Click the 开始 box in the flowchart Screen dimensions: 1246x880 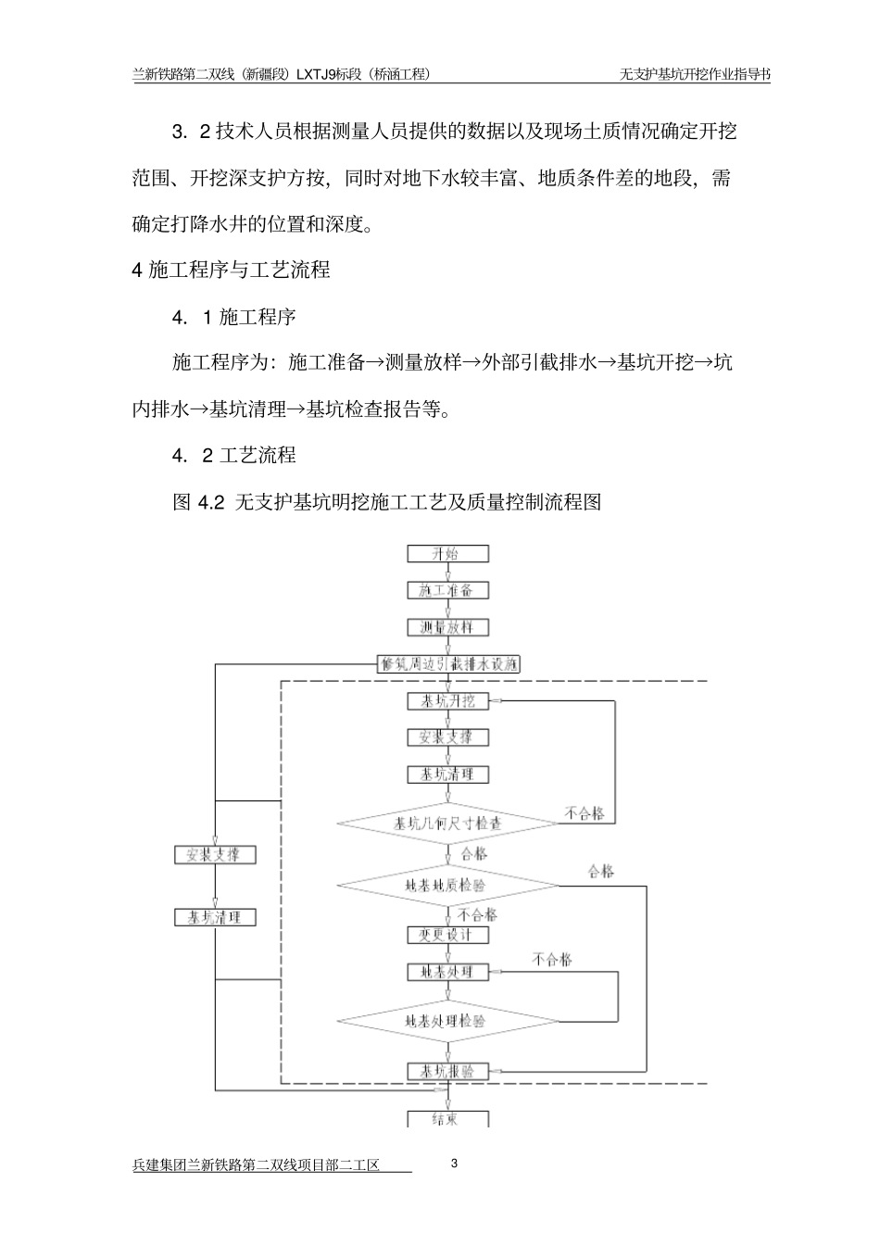[x=447, y=554]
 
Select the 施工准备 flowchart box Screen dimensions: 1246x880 [x=447, y=590]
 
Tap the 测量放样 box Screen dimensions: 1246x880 [x=447, y=627]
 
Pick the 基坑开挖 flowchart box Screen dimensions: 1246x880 [x=447, y=701]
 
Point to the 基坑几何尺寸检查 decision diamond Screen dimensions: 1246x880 [x=447, y=823]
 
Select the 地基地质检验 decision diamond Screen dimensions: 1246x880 [x=447, y=885]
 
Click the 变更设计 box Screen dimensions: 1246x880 [x=447, y=935]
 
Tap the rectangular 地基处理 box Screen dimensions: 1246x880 [x=447, y=972]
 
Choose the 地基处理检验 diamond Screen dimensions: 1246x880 [x=447, y=1021]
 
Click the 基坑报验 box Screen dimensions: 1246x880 [x=447, y=1071]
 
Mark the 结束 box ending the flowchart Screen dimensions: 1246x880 [x=447, y=1118]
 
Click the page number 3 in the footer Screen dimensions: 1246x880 [x=454, y=1164]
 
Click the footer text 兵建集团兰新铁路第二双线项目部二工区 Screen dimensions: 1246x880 [x=257, y=1165]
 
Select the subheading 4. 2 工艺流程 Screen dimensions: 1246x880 [x=233, y=455]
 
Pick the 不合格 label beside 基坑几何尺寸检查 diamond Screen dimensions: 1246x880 [x=585, y=813]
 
